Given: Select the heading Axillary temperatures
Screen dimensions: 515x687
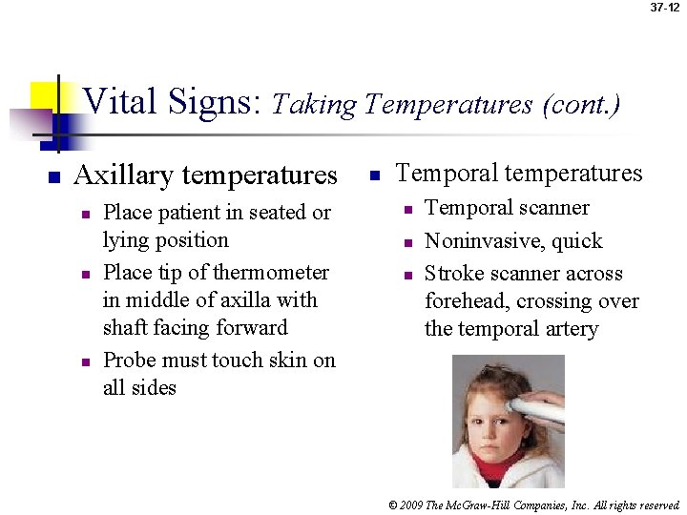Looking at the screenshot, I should tap(205, 175).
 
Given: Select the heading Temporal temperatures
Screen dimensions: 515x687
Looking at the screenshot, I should tap(519, 173).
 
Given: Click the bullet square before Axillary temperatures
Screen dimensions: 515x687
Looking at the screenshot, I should tap(55, 177).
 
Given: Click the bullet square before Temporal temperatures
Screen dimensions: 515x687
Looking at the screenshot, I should tap(375, 175).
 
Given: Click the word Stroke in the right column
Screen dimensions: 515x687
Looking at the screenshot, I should tap(453, 274).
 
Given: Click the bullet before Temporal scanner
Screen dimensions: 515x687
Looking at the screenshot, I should tap(406, 210).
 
